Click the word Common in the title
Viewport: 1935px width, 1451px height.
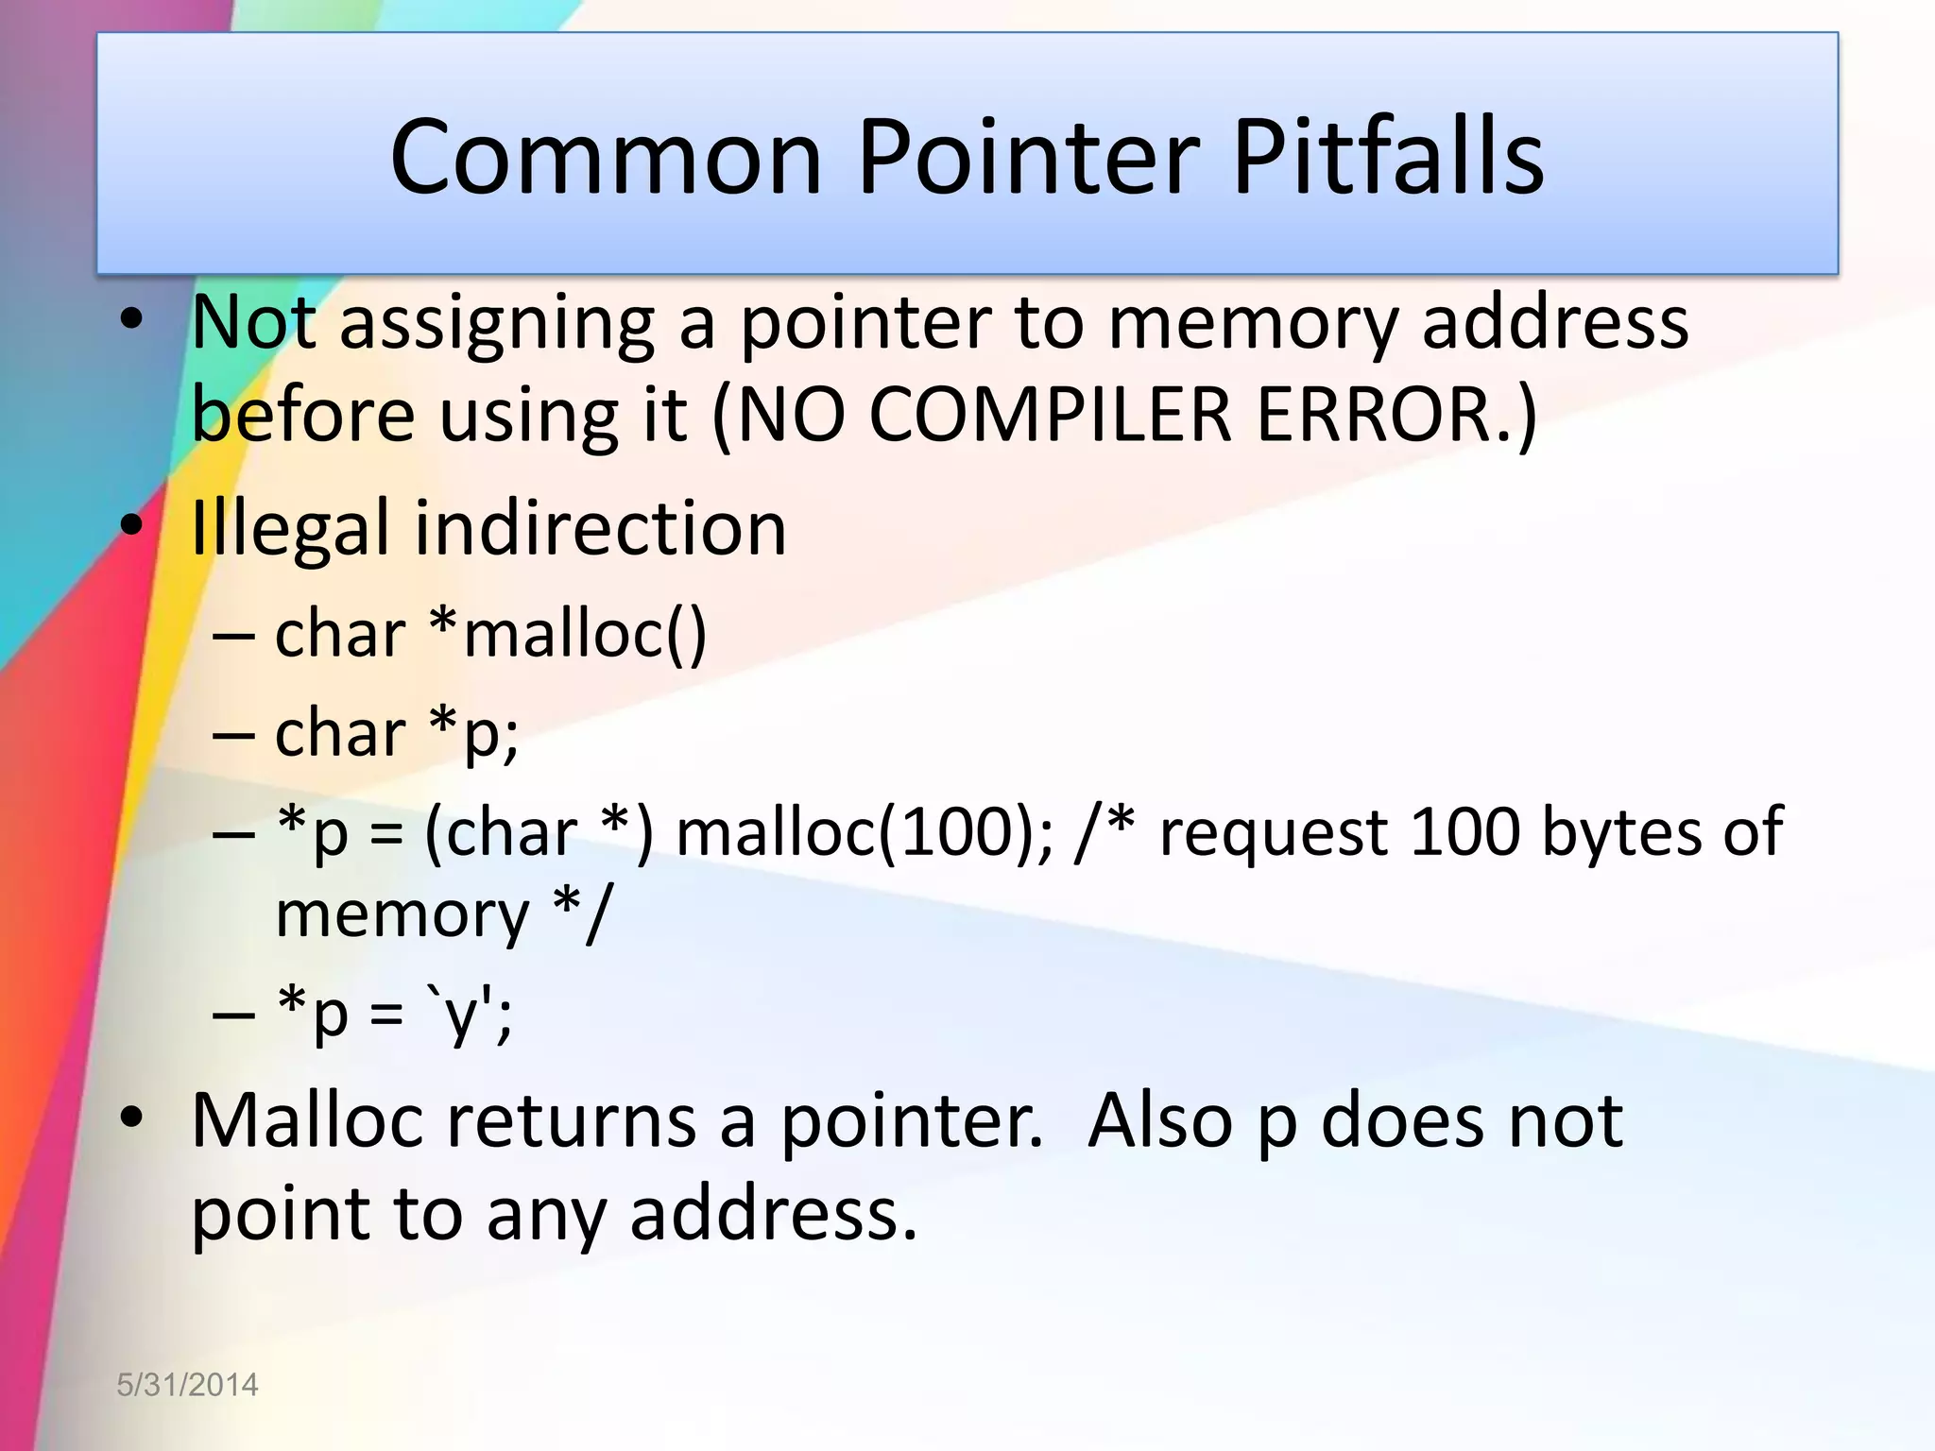click(x=606, y=157)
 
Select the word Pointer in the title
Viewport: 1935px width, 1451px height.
click(x=1028, y=157)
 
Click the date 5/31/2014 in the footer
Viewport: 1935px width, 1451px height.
click(x=187, y=1385)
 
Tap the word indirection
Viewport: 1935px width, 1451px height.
click(x=600, y=529)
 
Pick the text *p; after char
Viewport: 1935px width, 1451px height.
click(x=472, y=733)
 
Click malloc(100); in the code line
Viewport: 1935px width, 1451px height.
click(x=865, y=833)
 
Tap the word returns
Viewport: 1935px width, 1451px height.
click(x=572, y=1121)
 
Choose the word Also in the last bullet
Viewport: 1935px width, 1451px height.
click(x=1160, y=1121)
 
